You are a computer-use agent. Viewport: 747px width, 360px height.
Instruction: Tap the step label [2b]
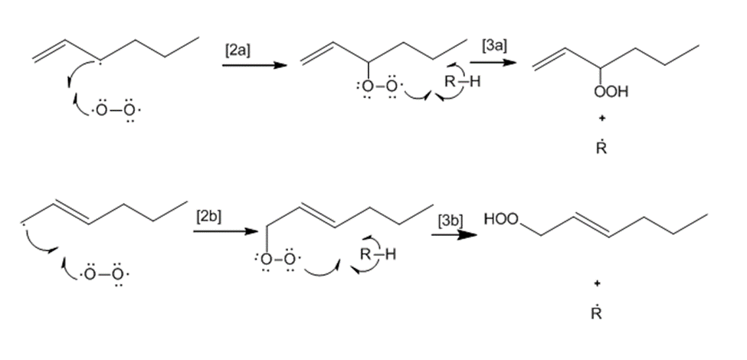(x=208, y=215)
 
